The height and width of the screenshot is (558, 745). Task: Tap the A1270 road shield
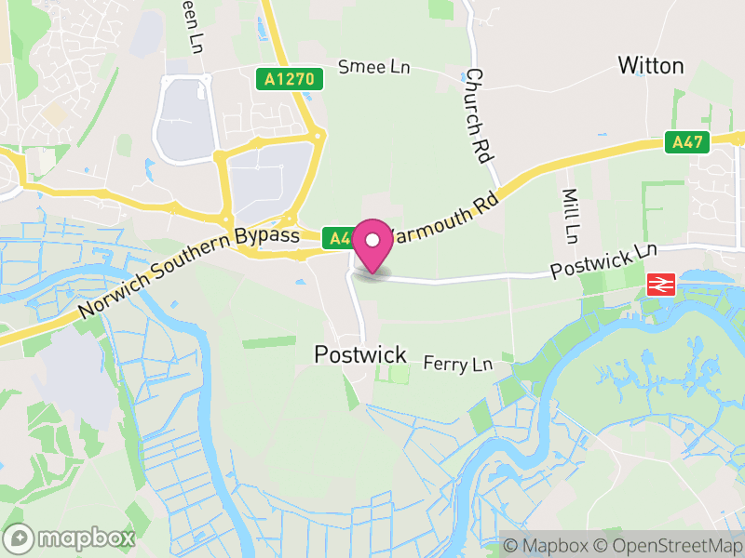click(x=291, y=79)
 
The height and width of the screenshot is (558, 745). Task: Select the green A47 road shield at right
click(x=688, y=142)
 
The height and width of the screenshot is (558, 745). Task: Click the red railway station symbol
click(x=661, y=285)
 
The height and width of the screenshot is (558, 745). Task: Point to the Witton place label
click(x=651, y=65)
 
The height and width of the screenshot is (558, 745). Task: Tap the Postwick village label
click(x=360, y=354)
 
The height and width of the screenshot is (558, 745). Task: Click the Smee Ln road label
click(x=373, y=67)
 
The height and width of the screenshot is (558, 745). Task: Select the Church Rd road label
click(x=478, y=116)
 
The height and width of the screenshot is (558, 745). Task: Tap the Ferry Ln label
click(x=456, y=363)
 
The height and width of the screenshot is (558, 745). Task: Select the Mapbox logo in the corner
click(x=71, y=538)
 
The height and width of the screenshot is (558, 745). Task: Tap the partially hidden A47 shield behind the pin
click(x=336, y=237)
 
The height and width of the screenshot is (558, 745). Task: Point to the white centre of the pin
click(x=372, y=240)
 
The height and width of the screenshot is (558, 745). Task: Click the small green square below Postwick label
click(x=399, y=375)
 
